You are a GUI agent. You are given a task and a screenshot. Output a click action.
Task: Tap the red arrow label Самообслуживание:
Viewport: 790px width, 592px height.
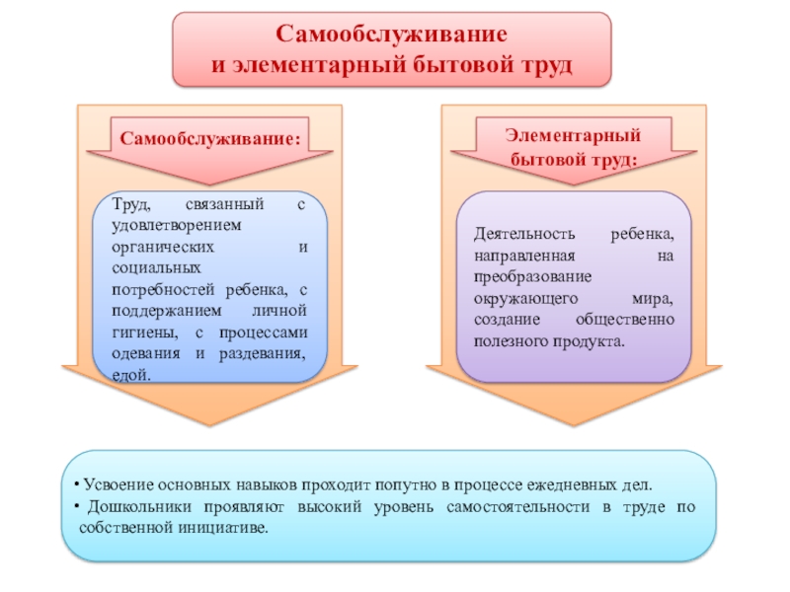(x=210, y=137)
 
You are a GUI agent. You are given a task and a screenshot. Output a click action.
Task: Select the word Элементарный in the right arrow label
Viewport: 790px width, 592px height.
(x=561, y=134)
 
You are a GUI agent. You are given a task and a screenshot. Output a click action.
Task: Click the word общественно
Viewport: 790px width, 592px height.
(x=625, y=320)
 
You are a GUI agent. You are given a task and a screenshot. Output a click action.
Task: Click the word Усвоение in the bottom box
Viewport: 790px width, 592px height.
(x=115, y=486)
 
